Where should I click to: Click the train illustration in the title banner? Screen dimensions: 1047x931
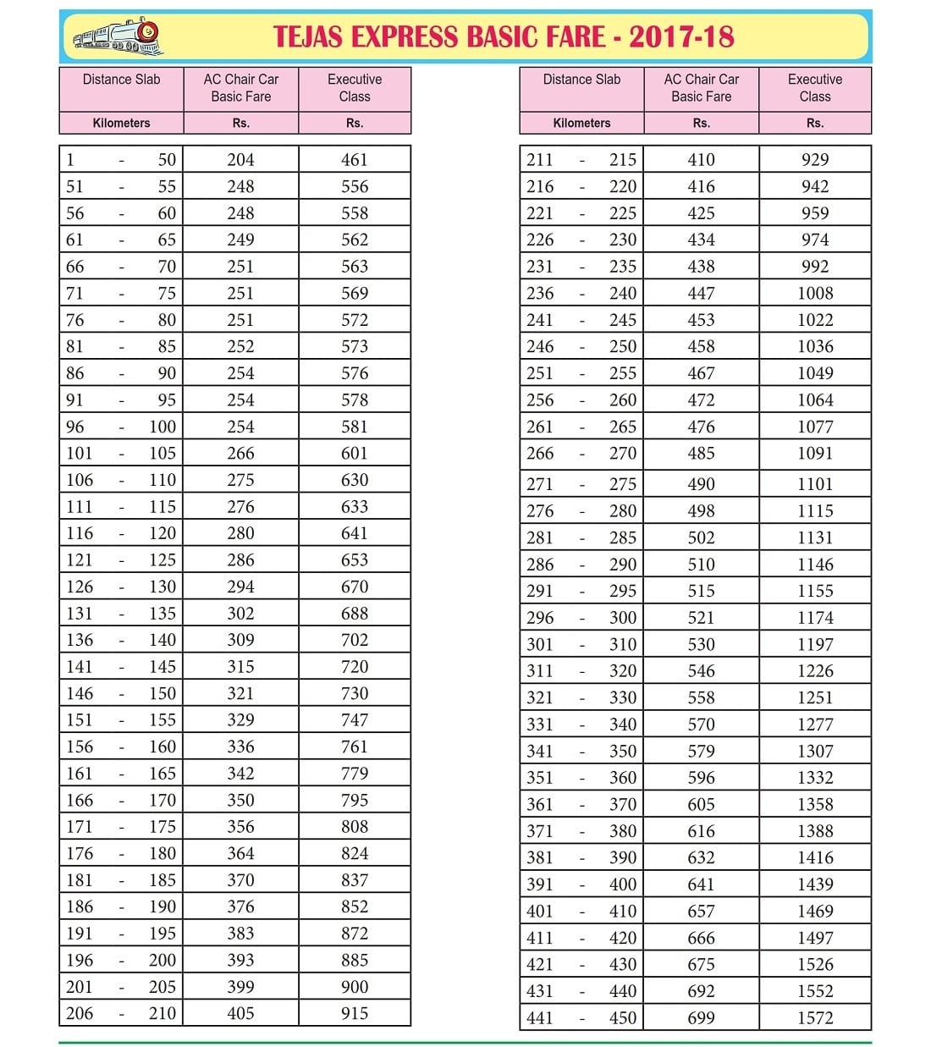118,36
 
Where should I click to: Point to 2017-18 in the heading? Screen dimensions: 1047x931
681,36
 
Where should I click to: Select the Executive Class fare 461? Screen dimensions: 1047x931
355,160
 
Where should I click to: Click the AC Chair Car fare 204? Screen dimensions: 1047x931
240,160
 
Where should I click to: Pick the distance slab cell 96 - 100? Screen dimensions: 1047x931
121,427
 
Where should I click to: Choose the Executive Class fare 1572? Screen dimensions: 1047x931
815,1018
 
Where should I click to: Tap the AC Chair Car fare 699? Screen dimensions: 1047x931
701,1018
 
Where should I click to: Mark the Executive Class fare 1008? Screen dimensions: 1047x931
815,294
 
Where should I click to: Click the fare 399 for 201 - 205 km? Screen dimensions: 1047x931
240,987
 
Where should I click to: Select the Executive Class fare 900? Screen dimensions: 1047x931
355,987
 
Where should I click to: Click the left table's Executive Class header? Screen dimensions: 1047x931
355,88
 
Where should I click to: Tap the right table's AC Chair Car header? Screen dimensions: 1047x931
701,88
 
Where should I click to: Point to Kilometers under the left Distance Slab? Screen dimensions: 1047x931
121,123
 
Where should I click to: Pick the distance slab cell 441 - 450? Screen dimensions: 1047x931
581,1018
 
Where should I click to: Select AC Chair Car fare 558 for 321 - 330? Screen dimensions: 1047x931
701,698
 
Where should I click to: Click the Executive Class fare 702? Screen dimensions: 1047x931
355,640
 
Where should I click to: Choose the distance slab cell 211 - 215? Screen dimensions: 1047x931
581,160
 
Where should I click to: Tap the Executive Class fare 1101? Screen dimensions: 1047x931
815,484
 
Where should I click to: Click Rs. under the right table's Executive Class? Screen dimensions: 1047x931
815,123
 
